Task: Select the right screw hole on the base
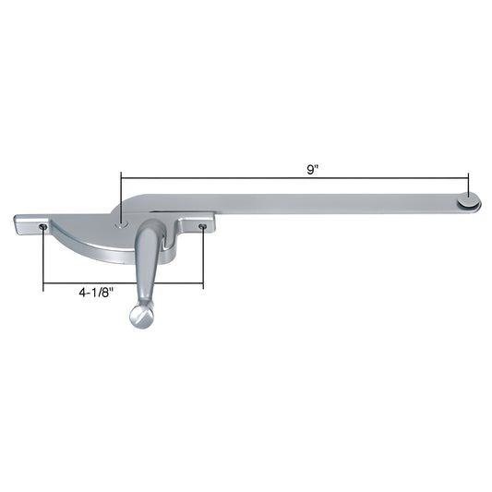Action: [203, 225]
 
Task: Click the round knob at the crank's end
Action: [140, 316]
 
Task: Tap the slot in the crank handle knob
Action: [141, 315]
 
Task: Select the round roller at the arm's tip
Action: [469, 198]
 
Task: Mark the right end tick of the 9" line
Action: [469, 177]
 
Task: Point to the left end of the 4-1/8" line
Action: [43, 284]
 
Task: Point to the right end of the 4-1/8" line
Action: [203, 284]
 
